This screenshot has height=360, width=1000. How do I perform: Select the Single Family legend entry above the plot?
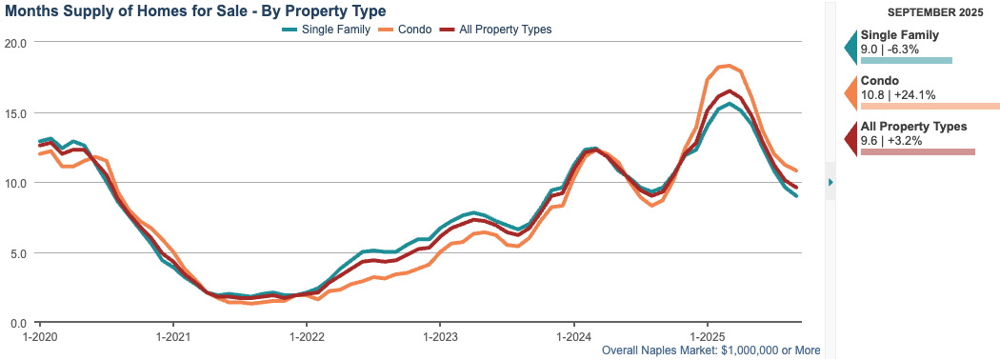coord(329,30)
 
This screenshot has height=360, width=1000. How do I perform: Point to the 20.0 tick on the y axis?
coord(14,43)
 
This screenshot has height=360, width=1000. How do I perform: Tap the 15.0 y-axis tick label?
coord(14,113)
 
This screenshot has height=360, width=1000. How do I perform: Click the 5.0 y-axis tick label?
coord(17,253)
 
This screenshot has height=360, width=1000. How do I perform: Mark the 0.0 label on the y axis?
coord(17,324)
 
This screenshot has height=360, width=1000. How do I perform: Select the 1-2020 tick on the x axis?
coord(39,337)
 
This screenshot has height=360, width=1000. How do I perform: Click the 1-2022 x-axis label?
coord(306,337)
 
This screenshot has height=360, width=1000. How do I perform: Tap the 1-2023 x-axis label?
coord(439,337)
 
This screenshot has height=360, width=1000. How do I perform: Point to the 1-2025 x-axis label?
coord(706,337)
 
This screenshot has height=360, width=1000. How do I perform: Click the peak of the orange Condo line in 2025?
coord(727,65)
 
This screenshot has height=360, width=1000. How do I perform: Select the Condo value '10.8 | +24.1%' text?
coord(898,94)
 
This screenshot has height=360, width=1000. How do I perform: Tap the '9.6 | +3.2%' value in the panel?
coord(894,140)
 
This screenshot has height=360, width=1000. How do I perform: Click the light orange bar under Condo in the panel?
coord(929,106)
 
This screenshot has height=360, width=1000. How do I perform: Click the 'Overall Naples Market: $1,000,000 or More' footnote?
coord(710,350)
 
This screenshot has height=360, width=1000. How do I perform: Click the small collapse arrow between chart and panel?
coord(830,182)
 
